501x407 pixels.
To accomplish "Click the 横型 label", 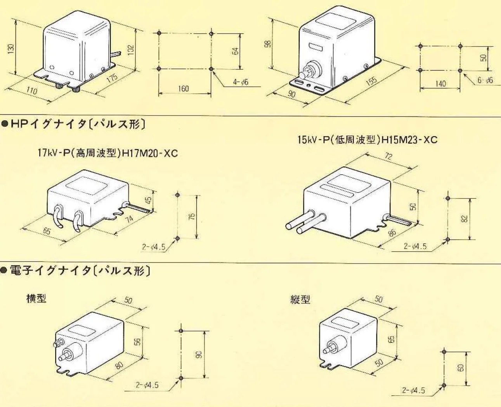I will (36, 298).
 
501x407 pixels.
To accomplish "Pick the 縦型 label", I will (300, 299).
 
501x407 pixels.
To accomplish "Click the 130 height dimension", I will (12, 48).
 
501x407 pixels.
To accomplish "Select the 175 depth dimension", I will (112, 78).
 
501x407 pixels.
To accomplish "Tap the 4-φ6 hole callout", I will (241, 82).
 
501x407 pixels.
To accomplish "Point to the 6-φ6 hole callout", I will (485, 80).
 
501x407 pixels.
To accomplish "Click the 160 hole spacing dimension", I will (183, 89).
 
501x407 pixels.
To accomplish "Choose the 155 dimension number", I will (371, 81).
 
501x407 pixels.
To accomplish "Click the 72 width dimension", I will (388, 156).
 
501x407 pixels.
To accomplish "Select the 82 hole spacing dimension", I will (465, 219).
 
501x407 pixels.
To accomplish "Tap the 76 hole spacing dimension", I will (192, 217).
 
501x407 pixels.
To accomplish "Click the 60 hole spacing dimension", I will (461, 367).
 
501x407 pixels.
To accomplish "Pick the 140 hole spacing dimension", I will (440, 83).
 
